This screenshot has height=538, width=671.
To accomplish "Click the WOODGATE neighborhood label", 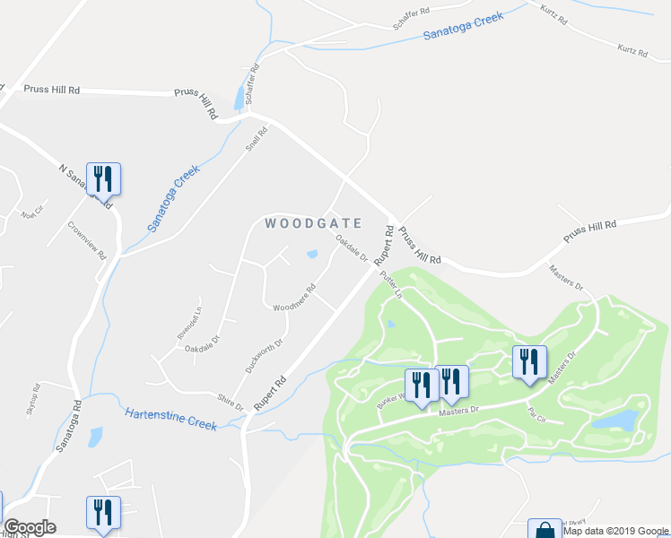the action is click(313, 223).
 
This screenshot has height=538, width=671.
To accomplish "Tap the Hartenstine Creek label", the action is click(170, 419).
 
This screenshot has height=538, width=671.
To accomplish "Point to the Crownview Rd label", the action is click(87, 239).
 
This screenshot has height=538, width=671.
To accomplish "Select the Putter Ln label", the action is click(390, 284).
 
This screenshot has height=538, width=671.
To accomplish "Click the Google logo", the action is click(30, 527).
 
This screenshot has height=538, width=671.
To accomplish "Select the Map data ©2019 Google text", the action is click(616, 531).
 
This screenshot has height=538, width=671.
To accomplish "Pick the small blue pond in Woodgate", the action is click(311, 254).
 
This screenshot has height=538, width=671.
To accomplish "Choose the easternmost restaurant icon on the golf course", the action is click(529, 361).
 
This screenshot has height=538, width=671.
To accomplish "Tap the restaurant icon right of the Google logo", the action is click(103, 513).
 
